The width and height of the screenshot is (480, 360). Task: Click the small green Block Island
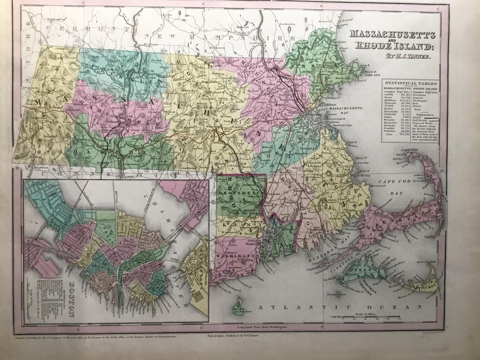coord(239,302)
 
